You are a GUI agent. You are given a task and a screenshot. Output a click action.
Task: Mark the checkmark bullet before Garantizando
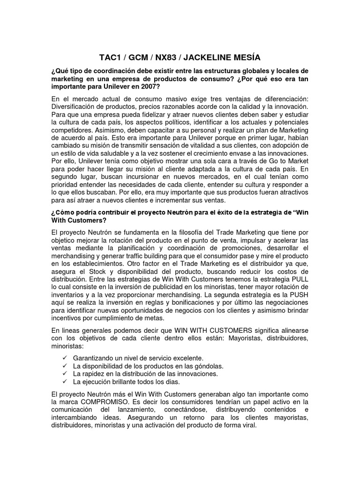[65, 358]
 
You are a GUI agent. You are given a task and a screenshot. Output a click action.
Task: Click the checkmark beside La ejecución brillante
[65, 382]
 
